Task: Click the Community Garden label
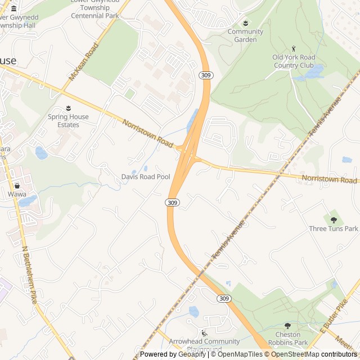(x=245, y=35)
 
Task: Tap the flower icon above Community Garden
(x=245, y=23)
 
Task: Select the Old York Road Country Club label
(x=294, y=61)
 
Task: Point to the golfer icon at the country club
(x=293, y=49)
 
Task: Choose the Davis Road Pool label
(x=146, y=177)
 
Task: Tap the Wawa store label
(x=17, y=194)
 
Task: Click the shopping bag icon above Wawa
(x=17, y=185)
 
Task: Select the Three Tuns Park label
(x=334, y=228)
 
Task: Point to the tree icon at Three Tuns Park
(x=334, y=219)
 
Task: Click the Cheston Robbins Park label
(x=288, y=338)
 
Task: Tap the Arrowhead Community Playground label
(x=205, y=345)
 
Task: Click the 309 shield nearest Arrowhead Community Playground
(x=224, y=298)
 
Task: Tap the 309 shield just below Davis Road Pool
(x=172, y=202)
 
